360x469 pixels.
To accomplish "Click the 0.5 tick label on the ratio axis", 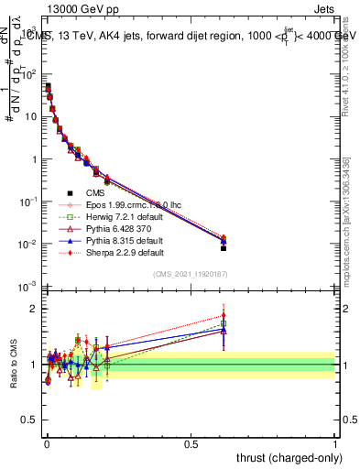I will (29, 420).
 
